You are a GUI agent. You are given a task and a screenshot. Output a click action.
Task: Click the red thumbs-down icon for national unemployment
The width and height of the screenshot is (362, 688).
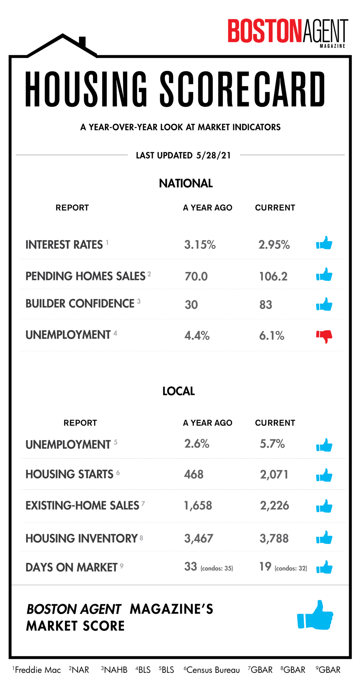pyautogui.click(x=324, y=336)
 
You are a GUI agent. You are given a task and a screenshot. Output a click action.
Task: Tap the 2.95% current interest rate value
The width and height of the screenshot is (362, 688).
pyautogui.click(x=274, y=245)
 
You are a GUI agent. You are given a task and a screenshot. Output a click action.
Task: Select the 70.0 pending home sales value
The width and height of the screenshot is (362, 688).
pyautogui.click(x=196, y=276)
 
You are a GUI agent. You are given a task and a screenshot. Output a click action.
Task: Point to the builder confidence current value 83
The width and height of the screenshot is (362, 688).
pyautogui.click(x=265, y=305)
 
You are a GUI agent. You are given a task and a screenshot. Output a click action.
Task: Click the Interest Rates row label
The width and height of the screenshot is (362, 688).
pyautogui.click(x=64, y=245)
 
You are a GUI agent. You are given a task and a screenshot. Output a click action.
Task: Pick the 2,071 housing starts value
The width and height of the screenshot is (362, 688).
pyautogui.click(x=274, y=474)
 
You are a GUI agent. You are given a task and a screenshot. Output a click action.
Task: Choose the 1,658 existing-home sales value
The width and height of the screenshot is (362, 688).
pyautogui.click(x=198, y=506)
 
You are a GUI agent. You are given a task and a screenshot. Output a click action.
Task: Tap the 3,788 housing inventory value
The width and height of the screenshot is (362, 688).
pyautogui.click(x=274, y=539)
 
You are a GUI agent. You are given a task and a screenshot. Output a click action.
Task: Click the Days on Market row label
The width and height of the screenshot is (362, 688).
pyautogui.click(x=71, y=567)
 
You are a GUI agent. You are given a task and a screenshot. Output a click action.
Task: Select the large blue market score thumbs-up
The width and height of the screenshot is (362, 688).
pyautogui.click(x=315, y=615)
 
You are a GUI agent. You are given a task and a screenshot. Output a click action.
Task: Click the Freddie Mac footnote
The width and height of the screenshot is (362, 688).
pyautogui.click(x=37, y=670)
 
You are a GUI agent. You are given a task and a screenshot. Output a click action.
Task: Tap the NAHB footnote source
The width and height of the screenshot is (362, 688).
pyautogui.click(x=115, y=670)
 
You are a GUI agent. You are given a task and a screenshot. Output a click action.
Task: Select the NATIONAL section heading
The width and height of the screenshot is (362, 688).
pyautogui.click(x=186, y=183)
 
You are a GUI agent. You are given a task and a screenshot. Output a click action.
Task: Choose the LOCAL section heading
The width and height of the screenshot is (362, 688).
pyautogui.click(x=178, y=391)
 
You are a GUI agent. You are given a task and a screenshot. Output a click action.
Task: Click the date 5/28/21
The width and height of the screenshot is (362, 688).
pyautogui.click(x=213, y=155)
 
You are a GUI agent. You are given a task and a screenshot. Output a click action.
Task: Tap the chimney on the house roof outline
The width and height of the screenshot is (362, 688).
pyautogui.click(x=82, y=42)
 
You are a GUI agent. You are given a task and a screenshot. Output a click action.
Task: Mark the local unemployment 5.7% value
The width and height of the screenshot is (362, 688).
pyautogui.click(x=272, y=444)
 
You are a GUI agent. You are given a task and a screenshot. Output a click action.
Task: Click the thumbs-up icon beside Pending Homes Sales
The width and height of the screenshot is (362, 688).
pyautogui.click(x=324, y=275)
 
